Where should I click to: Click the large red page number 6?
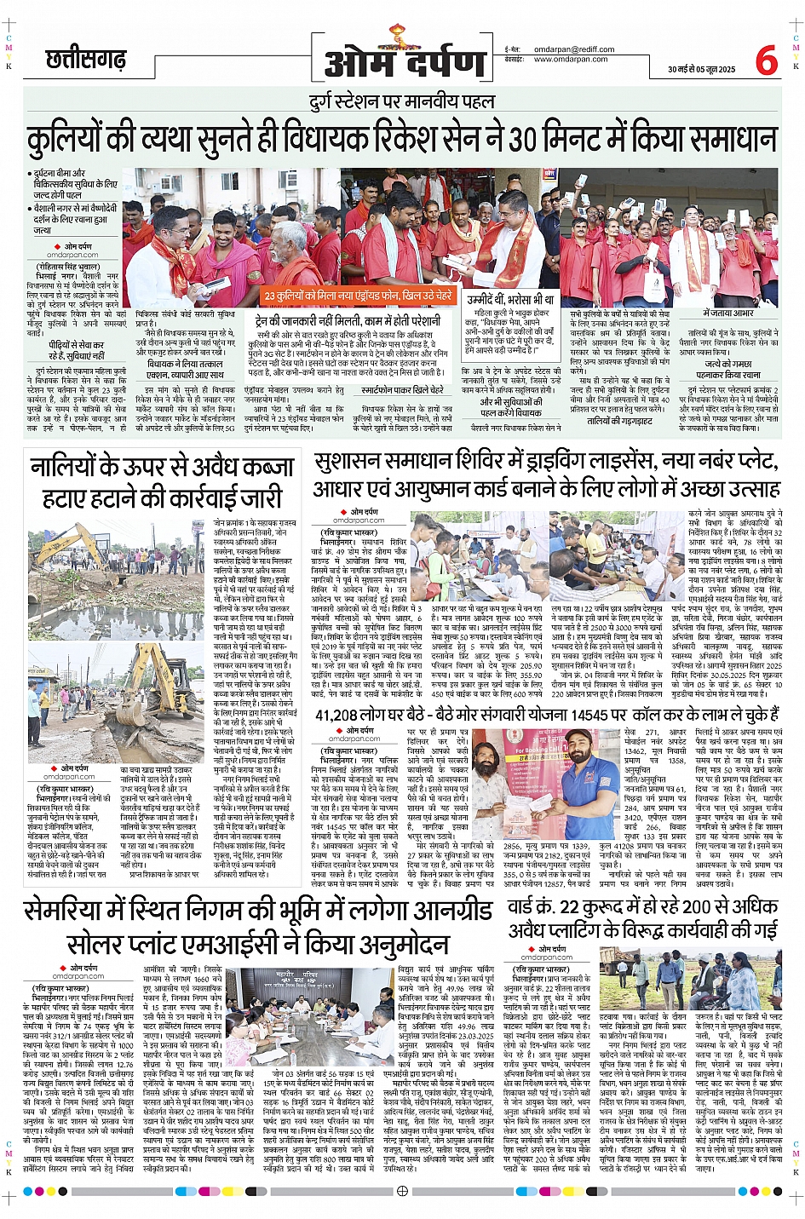click(x=766, y=60)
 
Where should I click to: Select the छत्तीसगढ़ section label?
click(x=86, y=60)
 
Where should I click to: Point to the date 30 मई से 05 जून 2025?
click(x=701, y=69)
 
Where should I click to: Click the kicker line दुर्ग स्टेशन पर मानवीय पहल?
click(x=401, y=103)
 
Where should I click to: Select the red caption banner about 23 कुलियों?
click(x=359, y=296)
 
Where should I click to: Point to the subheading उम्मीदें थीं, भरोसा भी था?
click(x=509, y=300)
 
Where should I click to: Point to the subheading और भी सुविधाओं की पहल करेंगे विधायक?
click(x=510, y=407)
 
